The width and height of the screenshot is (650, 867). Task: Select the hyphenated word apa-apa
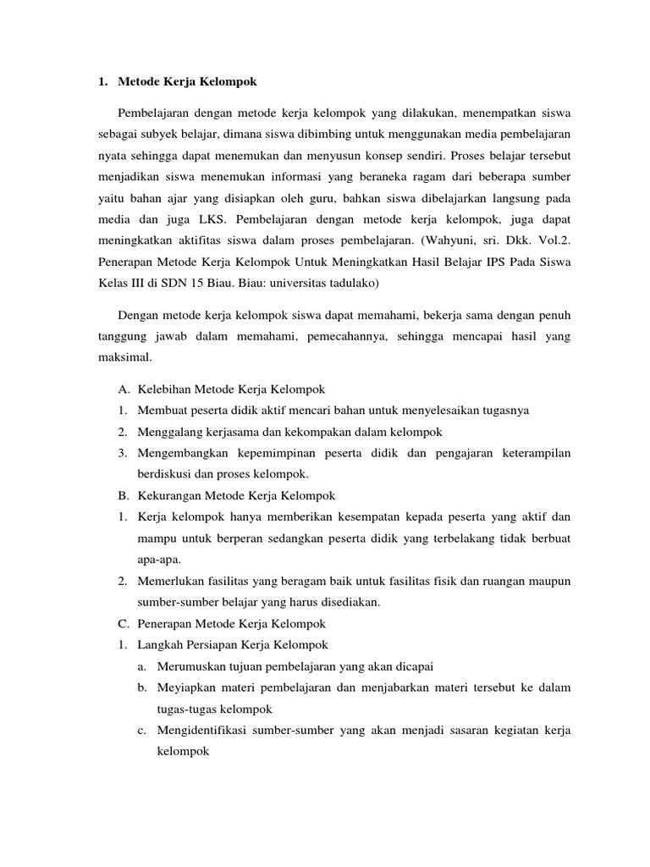(159, 560)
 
